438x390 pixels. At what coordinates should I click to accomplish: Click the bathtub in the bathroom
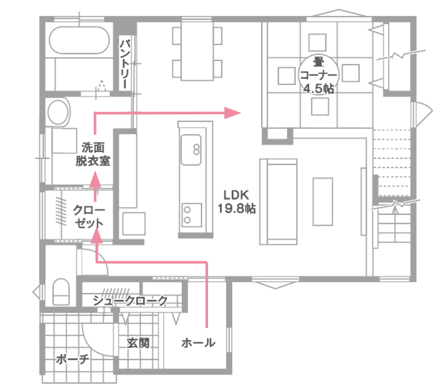[x=79, y=40]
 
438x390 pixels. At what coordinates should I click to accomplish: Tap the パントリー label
[x=125, y=64]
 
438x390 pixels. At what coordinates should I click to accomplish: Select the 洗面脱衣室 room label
[x=93, y=154]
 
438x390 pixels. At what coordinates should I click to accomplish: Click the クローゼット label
[x=89, y=216]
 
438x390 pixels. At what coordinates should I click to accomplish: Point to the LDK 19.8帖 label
[x=236, y=202]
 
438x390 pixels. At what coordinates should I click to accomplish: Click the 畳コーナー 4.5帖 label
[x=318, y=75]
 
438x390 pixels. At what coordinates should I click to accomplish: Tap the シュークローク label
[x=130, y=301]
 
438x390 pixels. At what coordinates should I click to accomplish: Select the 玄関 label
[x=138, y=343]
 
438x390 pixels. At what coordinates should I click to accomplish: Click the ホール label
[x=198, y=343]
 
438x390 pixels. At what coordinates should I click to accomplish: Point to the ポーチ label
[x=72, y=359]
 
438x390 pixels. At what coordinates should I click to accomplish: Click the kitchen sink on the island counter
[x=191, y=150]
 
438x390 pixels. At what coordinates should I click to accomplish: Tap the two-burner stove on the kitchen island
[x=192, y=215]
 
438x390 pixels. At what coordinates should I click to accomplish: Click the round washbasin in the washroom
[x=58, y=112]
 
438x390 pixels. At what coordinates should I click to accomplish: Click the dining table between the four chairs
[x=197, y=51]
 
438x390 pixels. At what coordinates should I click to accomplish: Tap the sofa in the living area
[x=278, y=202]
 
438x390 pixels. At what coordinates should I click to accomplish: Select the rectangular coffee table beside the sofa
[x=323, y=202]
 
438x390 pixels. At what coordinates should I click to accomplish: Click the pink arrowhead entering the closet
[x=97, y=235]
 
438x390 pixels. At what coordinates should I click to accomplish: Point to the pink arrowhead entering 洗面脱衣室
[x=95, y=179]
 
